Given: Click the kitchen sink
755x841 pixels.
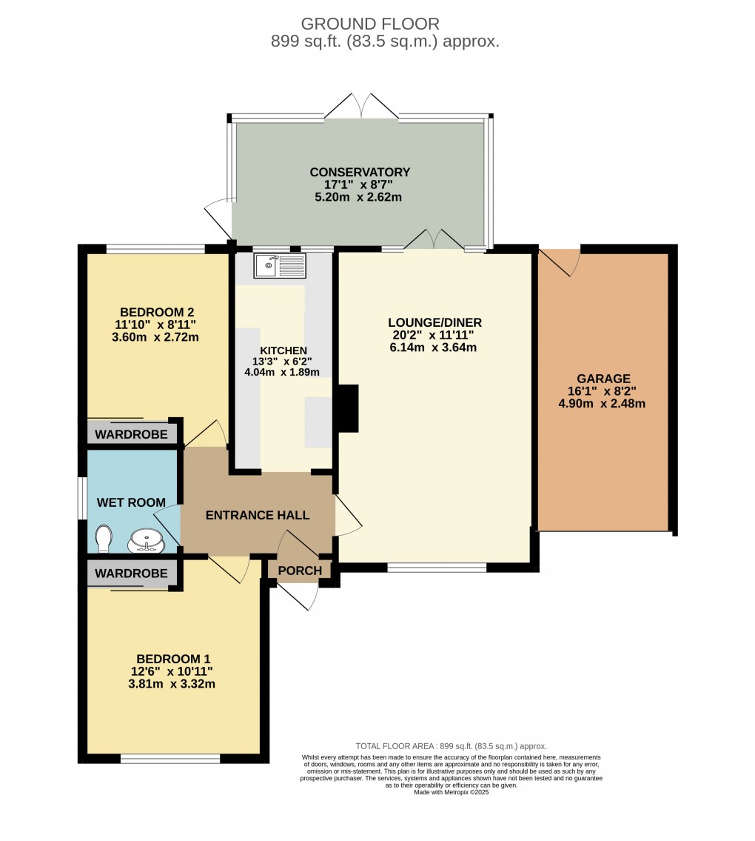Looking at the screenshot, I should click(x=279, y=265).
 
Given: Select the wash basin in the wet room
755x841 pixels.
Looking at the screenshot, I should click(x=146, y=541).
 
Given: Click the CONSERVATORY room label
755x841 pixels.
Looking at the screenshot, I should click(x=360, y=173).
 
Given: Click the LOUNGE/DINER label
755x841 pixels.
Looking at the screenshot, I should click(x=434, y=322).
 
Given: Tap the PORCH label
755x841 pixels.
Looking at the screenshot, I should click(x=300, y=571).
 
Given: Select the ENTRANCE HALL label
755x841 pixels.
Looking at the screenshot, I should click(x=258, y=516).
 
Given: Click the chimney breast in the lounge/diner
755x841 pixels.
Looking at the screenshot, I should click(x=347, y=408).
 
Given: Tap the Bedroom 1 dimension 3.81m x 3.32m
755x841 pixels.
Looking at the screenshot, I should click(x=172, y=684).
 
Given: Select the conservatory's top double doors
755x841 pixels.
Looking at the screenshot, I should click(x=361, y=107).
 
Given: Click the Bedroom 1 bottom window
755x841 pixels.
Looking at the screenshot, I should click(x=170, y=758).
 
